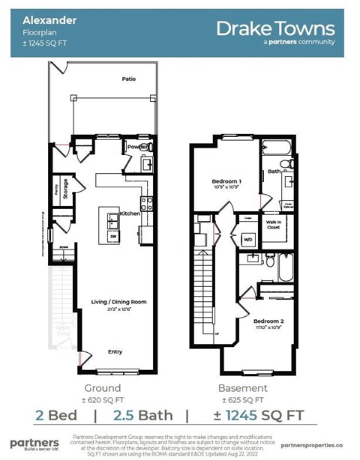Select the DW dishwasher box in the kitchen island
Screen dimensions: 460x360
(x=112, y=236)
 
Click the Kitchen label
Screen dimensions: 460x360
(x=130, y=214)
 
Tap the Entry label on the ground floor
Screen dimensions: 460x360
(x=115, y=351)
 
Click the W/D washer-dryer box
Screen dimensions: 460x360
(x=248, y=240)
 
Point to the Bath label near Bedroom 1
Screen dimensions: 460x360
(x=274, y=172)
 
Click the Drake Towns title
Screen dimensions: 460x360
(x=275, y=28)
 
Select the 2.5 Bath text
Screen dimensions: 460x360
(x=142, y=415)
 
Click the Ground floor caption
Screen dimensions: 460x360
(x=102, y=388)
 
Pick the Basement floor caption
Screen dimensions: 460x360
(x=242, y=388)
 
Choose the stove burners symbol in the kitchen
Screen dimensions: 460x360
(x=147, y=203)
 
